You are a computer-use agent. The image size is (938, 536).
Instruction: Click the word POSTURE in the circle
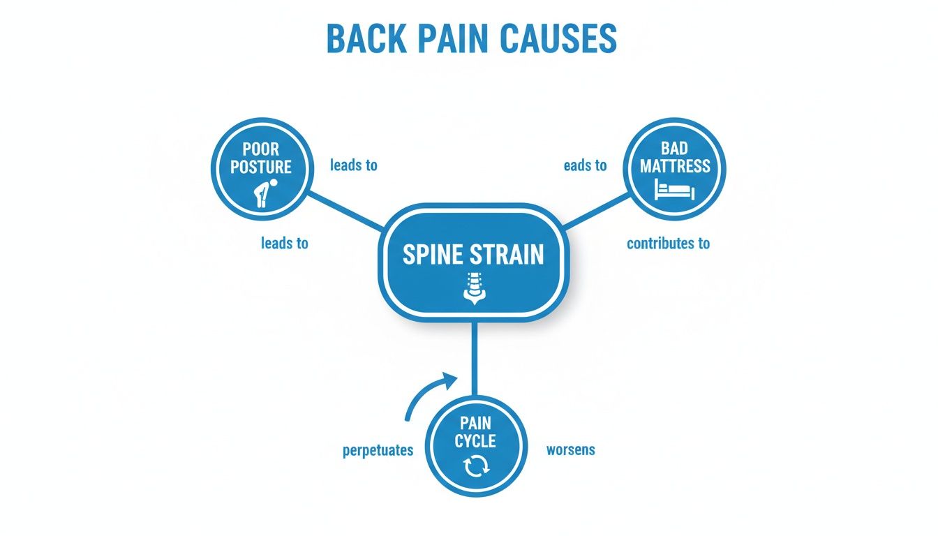[x=260, y=167]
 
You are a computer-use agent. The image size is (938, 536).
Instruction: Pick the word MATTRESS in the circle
[x=675, y=166]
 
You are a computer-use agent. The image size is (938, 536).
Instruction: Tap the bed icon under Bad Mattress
[x=674, y=189]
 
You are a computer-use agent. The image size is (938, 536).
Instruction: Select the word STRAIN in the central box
[x=508, y=255]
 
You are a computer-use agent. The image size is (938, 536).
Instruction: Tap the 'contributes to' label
[x=668, y=244]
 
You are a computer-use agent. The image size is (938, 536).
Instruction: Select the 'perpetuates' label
[x=378, y=450]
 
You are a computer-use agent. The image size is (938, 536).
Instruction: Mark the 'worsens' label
[x=570, y=449]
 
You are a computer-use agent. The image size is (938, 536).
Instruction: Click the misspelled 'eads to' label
[x=585, y=165]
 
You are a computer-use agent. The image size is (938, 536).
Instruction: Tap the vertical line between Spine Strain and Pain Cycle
[x=474, y=359]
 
